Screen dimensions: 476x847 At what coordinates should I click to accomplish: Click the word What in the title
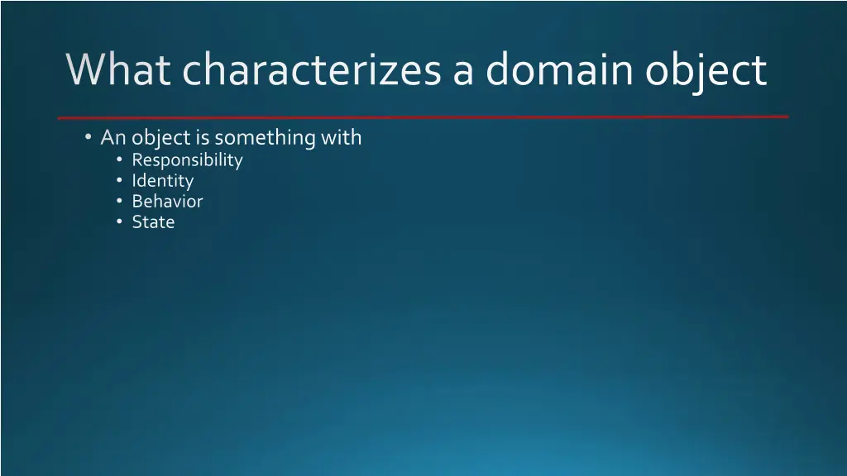point(117,70)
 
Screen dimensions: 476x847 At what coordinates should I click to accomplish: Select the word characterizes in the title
point(311,70)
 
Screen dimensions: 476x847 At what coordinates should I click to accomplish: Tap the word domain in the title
point(560,70)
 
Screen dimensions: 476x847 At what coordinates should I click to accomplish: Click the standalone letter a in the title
point(463,73)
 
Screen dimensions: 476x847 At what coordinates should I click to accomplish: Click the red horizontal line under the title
point(423,117)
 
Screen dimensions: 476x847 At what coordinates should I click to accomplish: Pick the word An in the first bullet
point(112,137)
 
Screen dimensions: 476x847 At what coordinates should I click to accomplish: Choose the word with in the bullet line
point(342,137)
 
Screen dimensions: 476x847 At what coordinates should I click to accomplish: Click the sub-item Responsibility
point(187,160)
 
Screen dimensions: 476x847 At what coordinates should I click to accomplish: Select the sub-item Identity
point(162,181)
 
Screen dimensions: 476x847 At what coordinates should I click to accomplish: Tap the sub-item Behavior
point(167,201)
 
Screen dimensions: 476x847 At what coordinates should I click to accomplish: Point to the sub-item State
point(153,221)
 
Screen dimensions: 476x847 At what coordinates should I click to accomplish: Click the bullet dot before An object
point(88,137)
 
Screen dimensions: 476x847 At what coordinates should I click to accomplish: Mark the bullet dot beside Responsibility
point(120,159)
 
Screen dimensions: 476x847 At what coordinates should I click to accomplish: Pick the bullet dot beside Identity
point(120,180)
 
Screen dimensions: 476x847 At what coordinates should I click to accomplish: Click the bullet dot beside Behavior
point(120,201)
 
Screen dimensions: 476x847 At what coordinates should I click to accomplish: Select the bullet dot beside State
point(120,221)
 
